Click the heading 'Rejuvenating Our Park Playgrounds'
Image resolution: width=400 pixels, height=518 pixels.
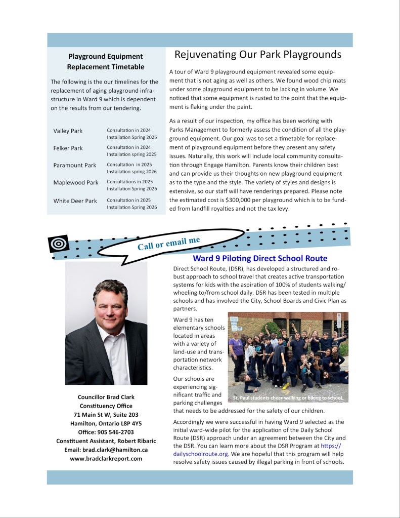coord(258,55)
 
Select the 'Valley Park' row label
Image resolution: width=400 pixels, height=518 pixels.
coord(68,131)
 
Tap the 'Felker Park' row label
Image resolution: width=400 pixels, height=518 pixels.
coord(68,148)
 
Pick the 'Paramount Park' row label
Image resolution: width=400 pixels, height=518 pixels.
coord(74,166)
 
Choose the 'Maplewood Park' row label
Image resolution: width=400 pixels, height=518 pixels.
coord(76,183)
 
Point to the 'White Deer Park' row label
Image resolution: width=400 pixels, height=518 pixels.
coord(75,201)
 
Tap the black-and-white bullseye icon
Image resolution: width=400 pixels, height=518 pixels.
coord(58,244)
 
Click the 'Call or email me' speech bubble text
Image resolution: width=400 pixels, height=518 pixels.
coord(168,243)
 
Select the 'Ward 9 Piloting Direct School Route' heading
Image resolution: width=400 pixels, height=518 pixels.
coord(260,258)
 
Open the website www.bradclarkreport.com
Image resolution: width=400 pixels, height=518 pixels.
coord(106,459)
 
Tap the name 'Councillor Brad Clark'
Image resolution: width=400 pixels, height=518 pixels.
coord(106,396)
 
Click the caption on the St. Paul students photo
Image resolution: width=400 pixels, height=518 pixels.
coord(288,398)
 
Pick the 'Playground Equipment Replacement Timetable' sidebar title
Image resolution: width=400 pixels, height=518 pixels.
coord(106,61)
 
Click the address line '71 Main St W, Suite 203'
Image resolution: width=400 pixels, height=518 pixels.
coord(106,415)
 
